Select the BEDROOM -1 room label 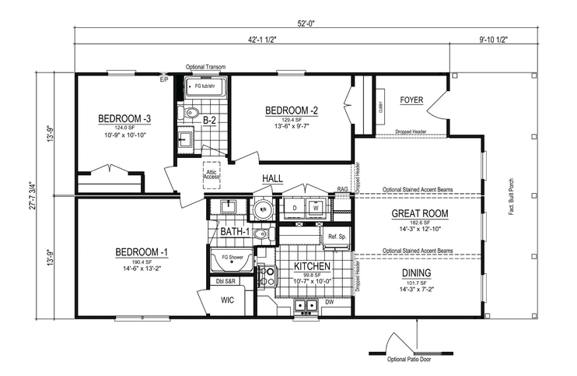coord(142,252)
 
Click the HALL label coord(272,178)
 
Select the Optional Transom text coord(205,68)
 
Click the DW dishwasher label coord(330,302)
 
